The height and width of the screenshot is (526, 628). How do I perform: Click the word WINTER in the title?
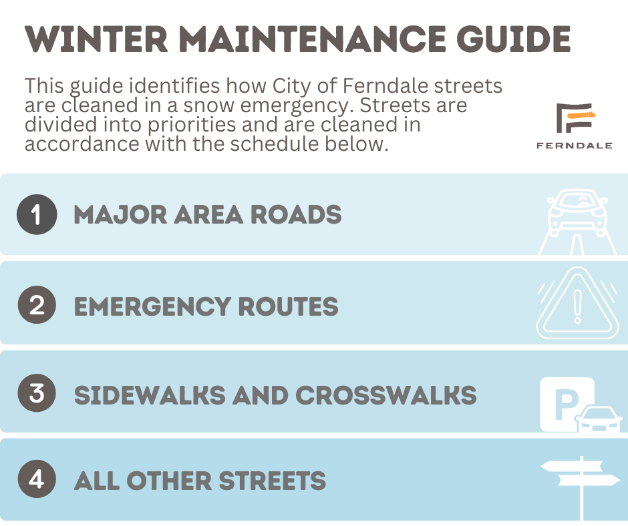point(96,39)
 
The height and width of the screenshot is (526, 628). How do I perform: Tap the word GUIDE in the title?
point(514,39)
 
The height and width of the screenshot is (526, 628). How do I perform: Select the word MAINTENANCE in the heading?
point(312,39)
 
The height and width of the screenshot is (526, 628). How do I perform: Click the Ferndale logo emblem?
point(575,117)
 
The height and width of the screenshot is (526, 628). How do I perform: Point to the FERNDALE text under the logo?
point(575,146)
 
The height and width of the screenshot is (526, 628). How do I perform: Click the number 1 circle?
point(37,214)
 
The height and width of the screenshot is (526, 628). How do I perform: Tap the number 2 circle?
point(37,304)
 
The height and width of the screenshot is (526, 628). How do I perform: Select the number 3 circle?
point(37,392)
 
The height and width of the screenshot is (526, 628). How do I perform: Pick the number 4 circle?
point(37,479)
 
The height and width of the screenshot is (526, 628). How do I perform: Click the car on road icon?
point(577,222)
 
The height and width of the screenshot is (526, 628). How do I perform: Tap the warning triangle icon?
point(577,304)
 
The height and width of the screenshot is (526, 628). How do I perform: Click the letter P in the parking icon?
point(567,405)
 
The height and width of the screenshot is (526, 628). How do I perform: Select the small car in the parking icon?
point(599,419)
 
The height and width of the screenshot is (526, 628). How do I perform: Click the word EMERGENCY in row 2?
point(152,306)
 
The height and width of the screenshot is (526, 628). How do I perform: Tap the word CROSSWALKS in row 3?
point(386,395)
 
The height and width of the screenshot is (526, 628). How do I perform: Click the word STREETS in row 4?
point(273,481)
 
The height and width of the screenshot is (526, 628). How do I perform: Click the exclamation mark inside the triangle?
point(577,306)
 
